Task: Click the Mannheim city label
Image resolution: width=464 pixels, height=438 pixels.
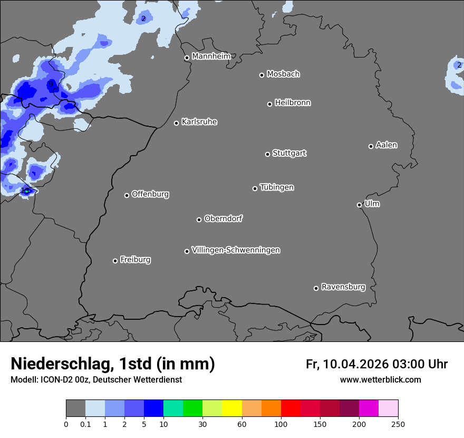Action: coord(211,56)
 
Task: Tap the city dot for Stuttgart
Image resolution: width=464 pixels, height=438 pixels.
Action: coord(267,154)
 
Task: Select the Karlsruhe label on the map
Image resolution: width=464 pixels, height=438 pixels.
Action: coord(199,122)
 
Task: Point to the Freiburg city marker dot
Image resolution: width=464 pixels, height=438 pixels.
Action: coord(115,261)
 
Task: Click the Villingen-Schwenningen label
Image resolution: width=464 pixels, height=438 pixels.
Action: coord(236,250)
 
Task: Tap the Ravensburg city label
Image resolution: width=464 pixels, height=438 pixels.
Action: coord(343,287)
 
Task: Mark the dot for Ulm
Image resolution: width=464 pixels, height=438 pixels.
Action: coord(359,205)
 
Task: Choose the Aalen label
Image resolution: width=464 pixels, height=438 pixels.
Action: coord(386,145)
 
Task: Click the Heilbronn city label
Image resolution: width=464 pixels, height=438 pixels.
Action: coord(293,103)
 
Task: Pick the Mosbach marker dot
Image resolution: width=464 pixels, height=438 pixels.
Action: coord(262,75)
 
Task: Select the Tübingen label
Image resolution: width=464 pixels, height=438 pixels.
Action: coord(276,187)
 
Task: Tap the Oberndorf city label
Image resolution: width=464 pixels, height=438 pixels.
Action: coord(223,218)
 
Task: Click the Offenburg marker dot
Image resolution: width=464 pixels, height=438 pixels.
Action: coord(127,195)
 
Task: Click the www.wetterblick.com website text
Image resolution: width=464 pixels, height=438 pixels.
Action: coord(380,380)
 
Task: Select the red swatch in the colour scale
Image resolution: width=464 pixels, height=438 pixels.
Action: coord(291,408)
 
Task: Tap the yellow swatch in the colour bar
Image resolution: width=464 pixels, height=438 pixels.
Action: coord(232,408)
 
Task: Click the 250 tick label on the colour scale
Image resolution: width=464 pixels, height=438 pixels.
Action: coord(398,424)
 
